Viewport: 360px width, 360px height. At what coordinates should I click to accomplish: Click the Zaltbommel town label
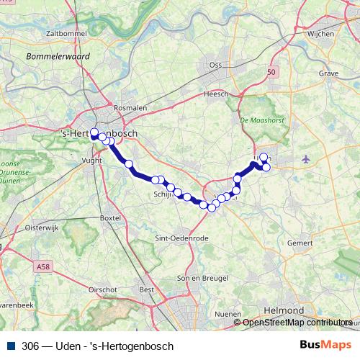[x=61, y=33]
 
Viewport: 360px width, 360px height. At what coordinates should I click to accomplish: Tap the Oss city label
[x=215, y=65]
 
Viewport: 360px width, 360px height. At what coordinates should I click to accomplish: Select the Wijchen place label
[x=320, y=33]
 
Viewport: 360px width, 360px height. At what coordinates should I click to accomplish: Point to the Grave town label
[x=318, y=73]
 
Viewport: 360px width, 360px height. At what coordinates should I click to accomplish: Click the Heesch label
[x=216, y=94]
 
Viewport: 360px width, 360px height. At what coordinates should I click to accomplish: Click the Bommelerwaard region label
[x=55, y=55]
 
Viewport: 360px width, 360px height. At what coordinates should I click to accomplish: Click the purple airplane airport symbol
[x=307, y=158]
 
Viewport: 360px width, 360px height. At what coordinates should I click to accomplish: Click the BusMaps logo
[x=325, y=346]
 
